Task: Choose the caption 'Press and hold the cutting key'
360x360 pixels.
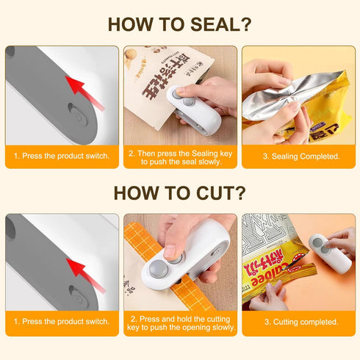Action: pos(179,322)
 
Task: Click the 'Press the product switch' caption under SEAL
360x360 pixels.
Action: pos(62,156)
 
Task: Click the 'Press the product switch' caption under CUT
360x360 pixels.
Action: pos(62,322)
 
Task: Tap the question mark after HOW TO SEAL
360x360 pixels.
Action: pos(245,24)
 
